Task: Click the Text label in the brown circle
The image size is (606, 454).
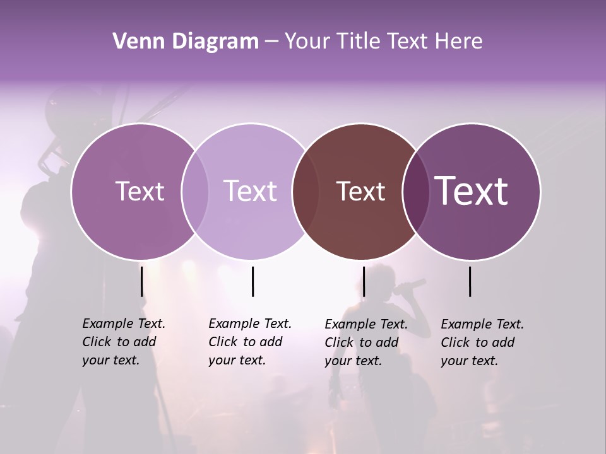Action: coord(360,192)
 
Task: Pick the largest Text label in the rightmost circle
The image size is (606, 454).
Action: coord(472,191)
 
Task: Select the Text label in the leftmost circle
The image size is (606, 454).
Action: coord(140,191)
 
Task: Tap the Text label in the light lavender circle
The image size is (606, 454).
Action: coord(250,191)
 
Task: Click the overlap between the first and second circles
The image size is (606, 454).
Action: coord(194,191)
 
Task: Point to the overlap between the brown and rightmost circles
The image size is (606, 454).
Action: coord(415,191)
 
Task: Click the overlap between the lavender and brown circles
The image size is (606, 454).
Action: coord(306,191)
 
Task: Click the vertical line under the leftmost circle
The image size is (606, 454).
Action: coord(142,281)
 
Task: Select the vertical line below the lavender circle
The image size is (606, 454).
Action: coord(252,281)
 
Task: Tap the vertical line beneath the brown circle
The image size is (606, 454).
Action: coord(364,281)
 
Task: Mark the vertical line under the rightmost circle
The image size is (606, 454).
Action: coord(470,281)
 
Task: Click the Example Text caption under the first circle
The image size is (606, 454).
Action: coord(124,323)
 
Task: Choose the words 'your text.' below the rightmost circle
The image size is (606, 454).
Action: coord(469,361)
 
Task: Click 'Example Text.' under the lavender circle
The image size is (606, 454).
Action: coord(250,323)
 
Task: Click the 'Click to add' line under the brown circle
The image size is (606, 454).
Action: coord(362,342)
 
